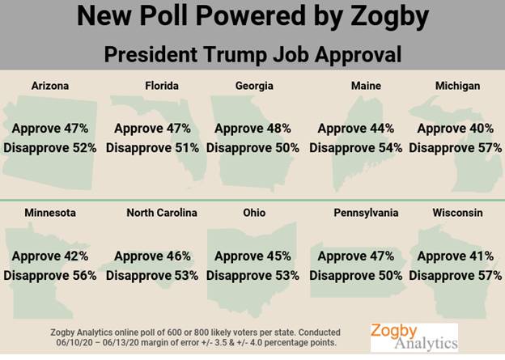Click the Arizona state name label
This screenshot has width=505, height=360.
[x=49, y=85]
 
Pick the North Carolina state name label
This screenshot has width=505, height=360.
[x=162, y=213]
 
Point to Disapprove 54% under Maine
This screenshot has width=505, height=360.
[x=356, y=147]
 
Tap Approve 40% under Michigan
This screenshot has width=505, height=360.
[x=456, y=128]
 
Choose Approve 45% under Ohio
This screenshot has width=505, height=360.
[x=252, y=256]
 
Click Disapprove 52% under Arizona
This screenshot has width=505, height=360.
[x=50, y=147]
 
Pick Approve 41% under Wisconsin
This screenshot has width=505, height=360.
[x=456, y=256]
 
